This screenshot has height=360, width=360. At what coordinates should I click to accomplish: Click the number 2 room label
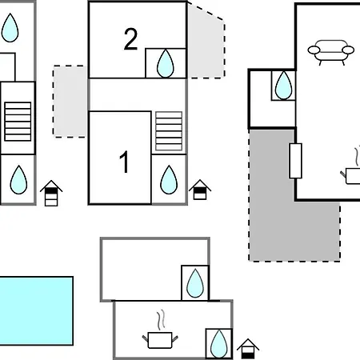tap(130, 39)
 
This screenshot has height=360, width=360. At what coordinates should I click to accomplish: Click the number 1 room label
tap(124, 162)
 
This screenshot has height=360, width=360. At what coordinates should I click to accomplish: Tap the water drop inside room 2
tap(166, 63)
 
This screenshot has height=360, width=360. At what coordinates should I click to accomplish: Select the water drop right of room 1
tap(169, 179)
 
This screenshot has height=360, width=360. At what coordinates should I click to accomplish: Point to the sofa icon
tap(331, 52)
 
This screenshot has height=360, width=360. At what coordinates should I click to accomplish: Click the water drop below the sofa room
tap(283, 86)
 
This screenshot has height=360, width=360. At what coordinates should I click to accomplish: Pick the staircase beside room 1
tap(169, 131)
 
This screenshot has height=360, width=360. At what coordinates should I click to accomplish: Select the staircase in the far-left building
tap(18, 122)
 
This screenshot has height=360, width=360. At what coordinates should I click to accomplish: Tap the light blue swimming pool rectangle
tap(36, 311)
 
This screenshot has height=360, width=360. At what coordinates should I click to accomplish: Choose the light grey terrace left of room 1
tap(70, 102)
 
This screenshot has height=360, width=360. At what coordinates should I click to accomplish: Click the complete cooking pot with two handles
tap(160, 340)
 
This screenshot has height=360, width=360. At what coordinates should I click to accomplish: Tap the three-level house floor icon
tap(51, 194)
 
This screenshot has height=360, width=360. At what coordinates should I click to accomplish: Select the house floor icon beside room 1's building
tap(200, 190)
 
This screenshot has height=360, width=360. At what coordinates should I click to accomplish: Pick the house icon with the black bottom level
tap(248, 349)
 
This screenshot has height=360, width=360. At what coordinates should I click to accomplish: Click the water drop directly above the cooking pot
tap(195, 283)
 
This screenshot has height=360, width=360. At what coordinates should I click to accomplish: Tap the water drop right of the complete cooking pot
tap(219, 344)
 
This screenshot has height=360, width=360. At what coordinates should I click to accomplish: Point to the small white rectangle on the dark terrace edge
tap(295, 161)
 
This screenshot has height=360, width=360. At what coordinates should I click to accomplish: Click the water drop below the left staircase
tap(18, 179)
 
